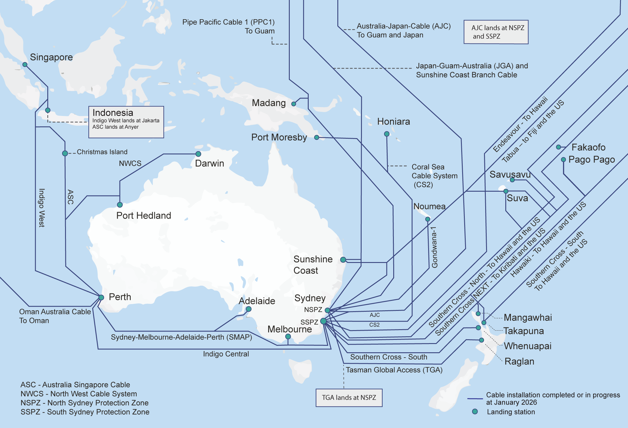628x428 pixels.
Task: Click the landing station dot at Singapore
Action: pos(25,64)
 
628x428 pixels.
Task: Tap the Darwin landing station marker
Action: pos(198,154)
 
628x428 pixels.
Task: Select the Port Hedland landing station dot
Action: pos(120,205)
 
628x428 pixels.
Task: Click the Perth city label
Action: pos(120,297)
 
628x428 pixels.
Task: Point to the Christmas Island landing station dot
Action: pos(65,153)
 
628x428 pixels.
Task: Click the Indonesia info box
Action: pos(126,122)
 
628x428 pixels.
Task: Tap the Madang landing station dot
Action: pos(294,104)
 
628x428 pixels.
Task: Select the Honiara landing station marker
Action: pos(386,134)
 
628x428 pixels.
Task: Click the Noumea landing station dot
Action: pos(428,219)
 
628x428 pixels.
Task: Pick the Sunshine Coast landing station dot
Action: pos(343,260)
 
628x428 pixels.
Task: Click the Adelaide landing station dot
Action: pos(249,309)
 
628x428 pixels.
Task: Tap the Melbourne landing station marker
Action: pos(288,336)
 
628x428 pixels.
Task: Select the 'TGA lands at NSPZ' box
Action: pos(349,398)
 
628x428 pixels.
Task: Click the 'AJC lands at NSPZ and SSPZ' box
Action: pos(496,32)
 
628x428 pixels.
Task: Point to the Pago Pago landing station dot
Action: pos(564,159)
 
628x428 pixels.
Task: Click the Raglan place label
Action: pos(519,361)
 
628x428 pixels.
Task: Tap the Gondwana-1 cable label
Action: pos(434,247)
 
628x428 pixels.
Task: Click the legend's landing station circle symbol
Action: pos(475,411)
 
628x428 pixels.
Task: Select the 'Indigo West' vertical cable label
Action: pos(42,208)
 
